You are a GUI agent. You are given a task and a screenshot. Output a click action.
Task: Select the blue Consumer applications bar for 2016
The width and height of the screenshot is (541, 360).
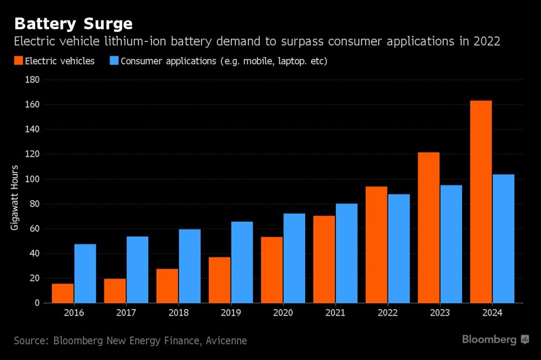pos(85,274)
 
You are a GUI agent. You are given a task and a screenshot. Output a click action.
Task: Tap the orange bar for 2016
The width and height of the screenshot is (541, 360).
pos(63,293)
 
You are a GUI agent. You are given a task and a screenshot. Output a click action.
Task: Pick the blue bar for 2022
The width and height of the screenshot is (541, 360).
pos(399,249)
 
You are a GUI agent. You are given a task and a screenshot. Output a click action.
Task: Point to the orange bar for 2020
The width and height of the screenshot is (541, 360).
pos(272,270)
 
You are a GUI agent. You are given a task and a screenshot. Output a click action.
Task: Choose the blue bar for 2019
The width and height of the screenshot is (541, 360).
pos(242,262)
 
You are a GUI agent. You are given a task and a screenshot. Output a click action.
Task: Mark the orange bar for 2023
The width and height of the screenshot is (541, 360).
pos(428,228)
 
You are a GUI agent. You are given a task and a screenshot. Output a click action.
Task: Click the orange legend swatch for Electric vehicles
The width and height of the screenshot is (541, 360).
pos(19,61)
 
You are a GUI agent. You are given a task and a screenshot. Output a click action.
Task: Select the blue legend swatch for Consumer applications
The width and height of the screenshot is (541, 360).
pos(114,61)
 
